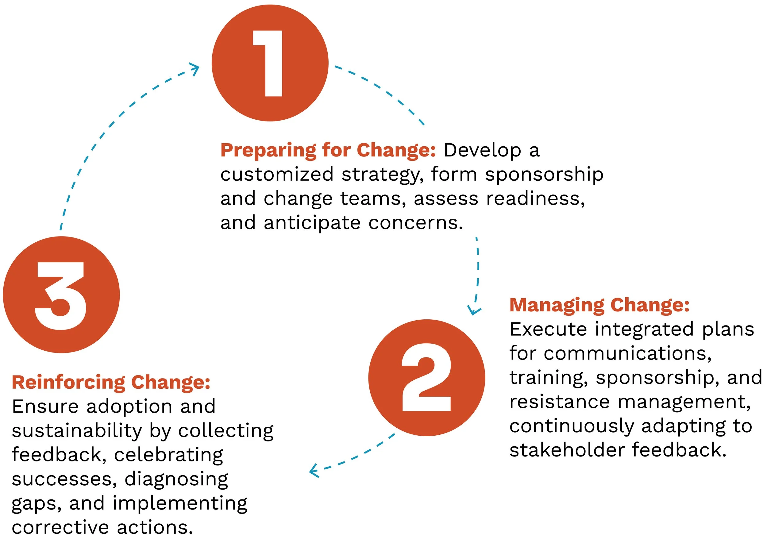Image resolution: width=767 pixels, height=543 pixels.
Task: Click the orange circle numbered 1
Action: (270, 63)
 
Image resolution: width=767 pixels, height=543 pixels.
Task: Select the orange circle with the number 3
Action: (61, 295)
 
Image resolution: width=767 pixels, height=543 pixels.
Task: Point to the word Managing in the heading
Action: (556, 305)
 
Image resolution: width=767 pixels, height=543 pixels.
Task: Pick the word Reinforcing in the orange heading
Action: (68, 383)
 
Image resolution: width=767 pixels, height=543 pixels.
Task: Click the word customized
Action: (277, 174)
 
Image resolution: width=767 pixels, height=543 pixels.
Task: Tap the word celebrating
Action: (168, 455)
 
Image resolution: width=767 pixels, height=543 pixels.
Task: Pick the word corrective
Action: (60, 528)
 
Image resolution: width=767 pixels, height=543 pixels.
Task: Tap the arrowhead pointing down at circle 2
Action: (474, 310)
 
